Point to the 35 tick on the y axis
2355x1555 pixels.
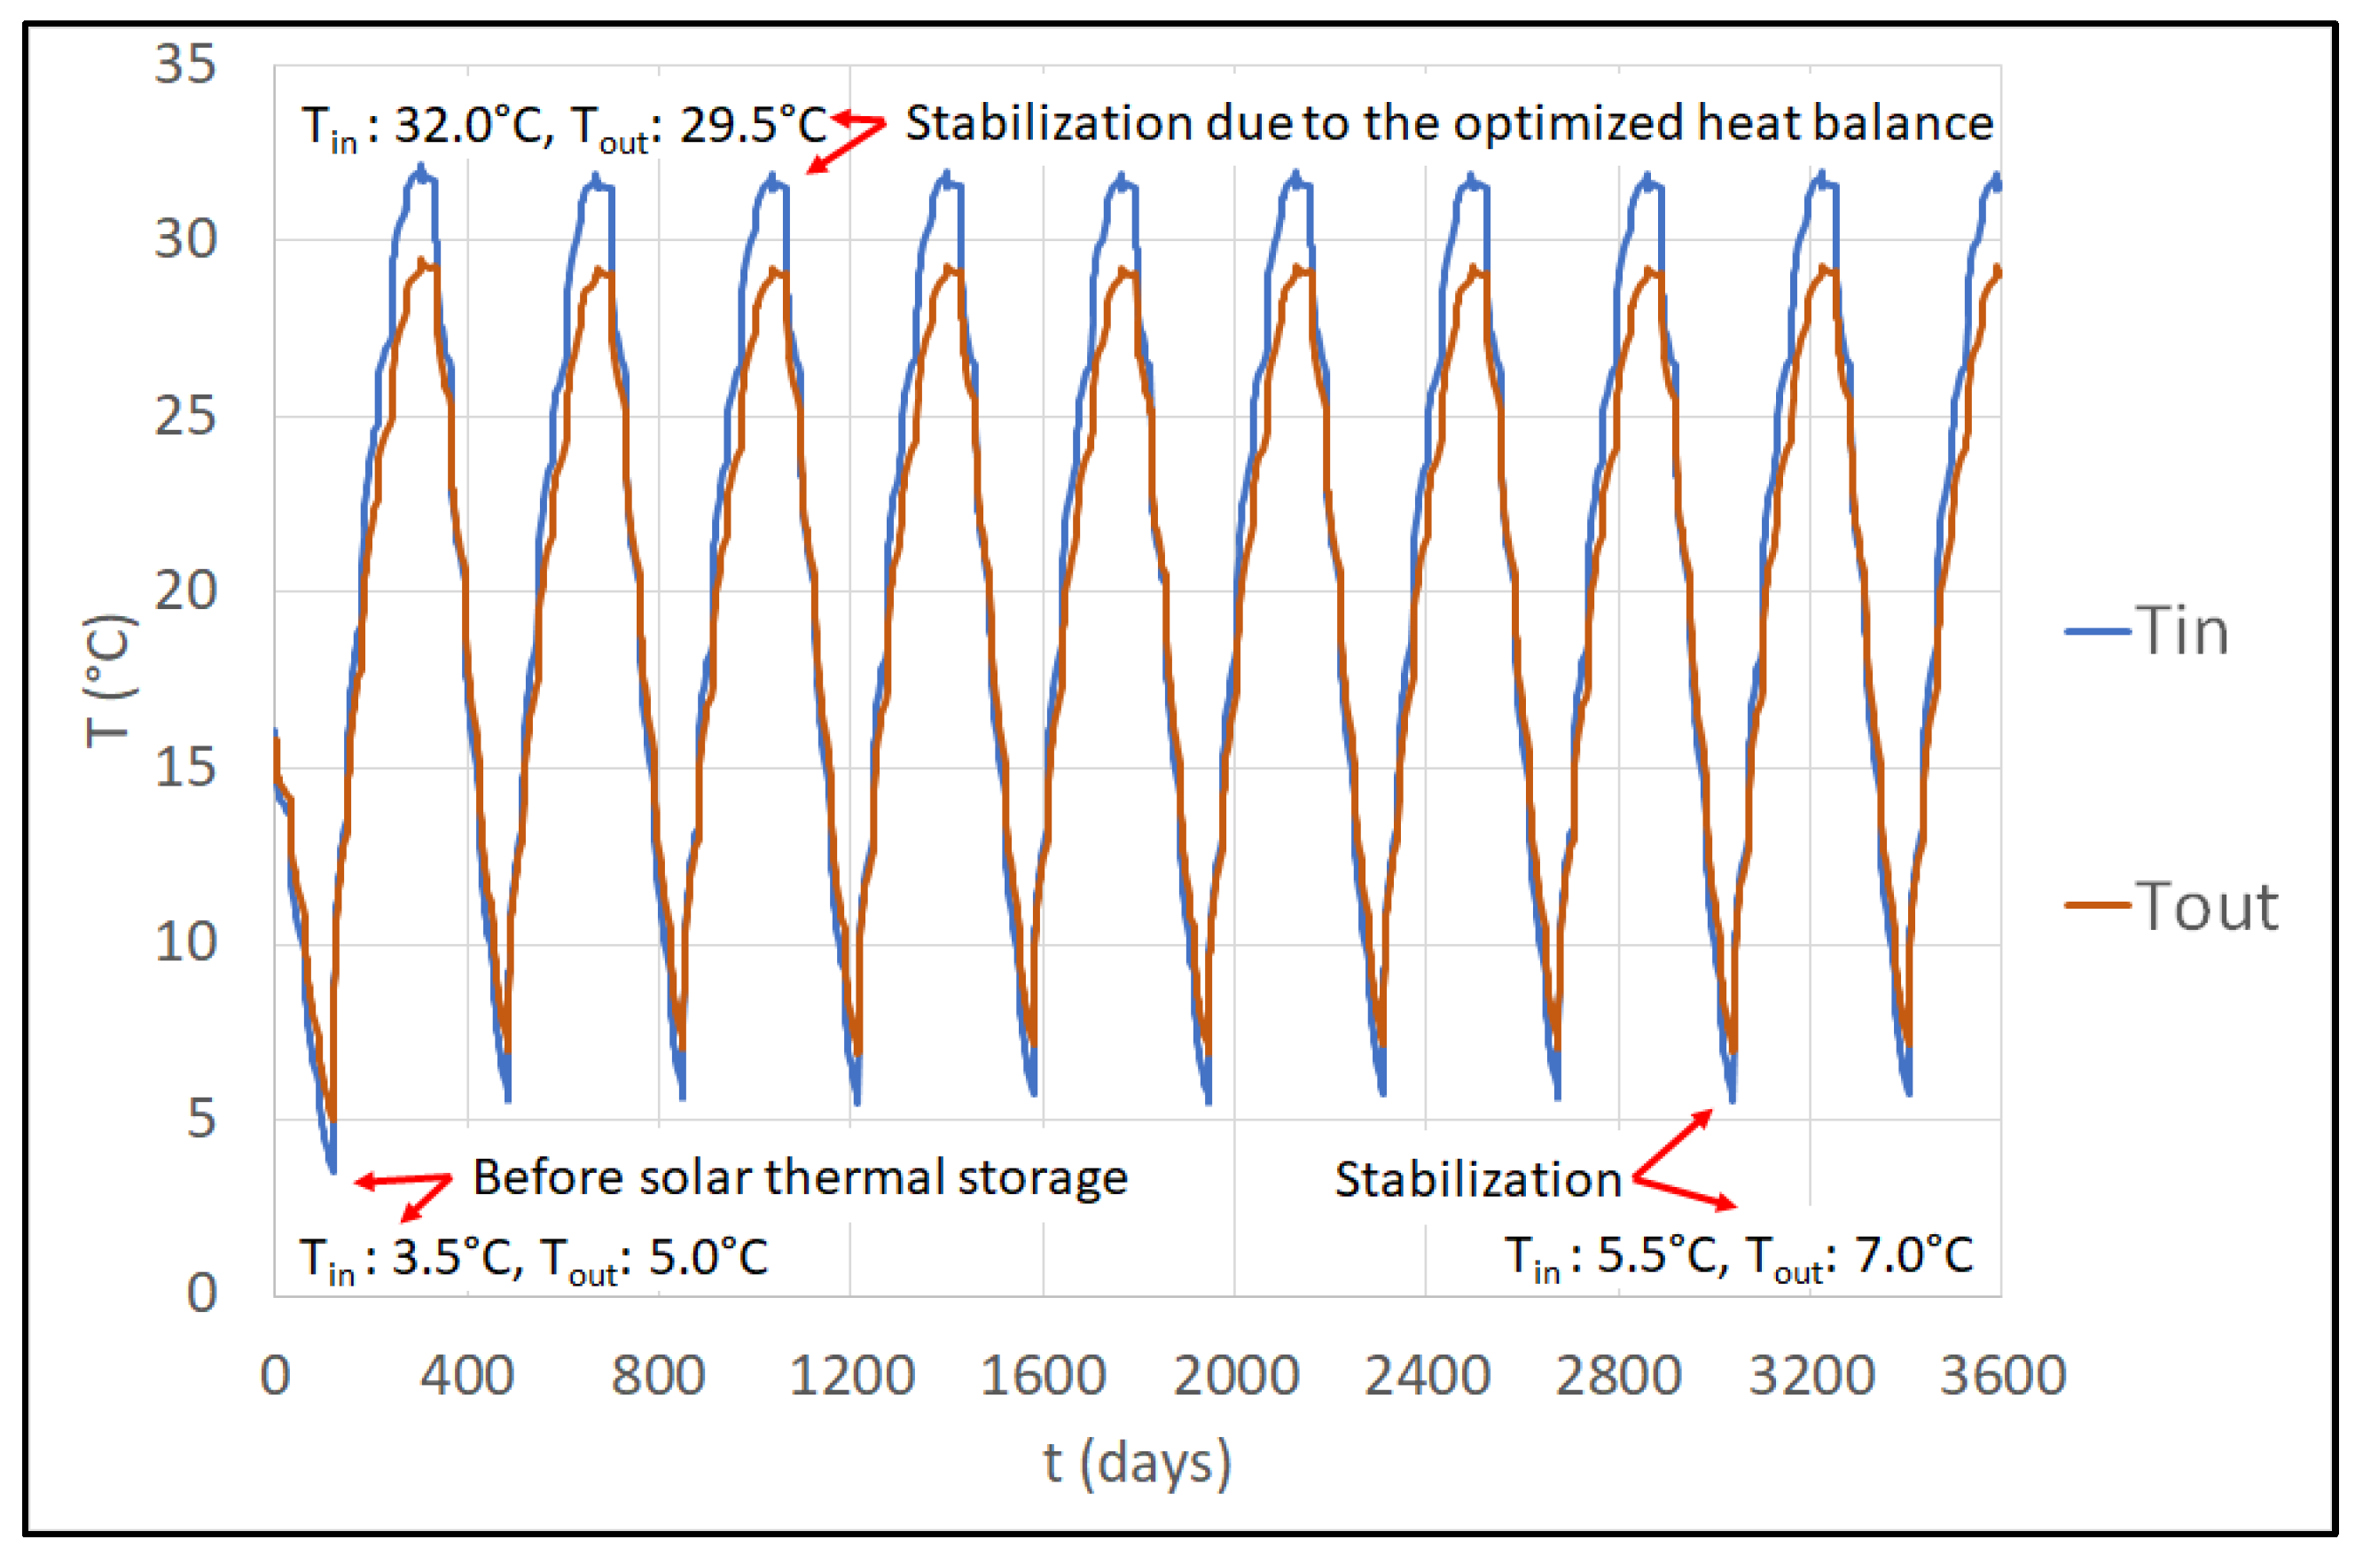click(x=184, y=65)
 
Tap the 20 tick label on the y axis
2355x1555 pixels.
click(x=184, y=591)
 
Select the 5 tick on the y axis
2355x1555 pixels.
click(x=200, y=1119)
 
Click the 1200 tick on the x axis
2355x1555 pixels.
click(x=851, y=1376)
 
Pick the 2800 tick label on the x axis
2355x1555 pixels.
click(x=1617, y=1376)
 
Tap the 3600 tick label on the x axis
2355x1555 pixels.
click(x=2001, y=1376)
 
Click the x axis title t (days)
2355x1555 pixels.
click(x=1137, y=1463)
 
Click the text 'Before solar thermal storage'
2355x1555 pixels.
click(x=799, y=1178)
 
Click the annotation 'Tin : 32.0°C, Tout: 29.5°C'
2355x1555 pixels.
click(x=563, y=127)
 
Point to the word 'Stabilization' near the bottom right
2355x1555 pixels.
click(x=1477, y=1180)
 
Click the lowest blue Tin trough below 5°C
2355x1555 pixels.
click(x=333, y=1170)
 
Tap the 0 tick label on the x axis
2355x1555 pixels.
click(x=275, y=1376)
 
